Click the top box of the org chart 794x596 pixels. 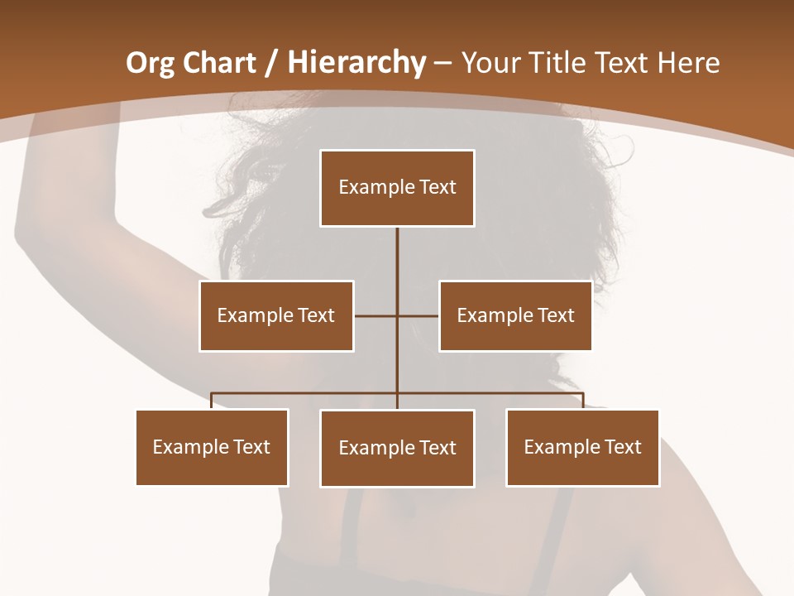[x=397, y=188]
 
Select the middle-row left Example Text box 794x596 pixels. [x=276, y=315]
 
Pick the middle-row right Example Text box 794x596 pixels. [x=515, y=315]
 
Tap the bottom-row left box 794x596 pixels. [x=212, y=447]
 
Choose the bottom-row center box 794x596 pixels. [x=397, y=448]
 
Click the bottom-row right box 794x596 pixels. [x=582, y=447]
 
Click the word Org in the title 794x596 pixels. [x=150, y=63]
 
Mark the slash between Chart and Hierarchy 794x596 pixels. [x=270, y=63]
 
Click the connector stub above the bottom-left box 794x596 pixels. [x=212, y=401]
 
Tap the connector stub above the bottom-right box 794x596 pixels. [x=583, y=401]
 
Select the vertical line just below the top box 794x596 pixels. [x=397, y=248]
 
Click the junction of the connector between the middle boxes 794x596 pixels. [x=397, y=315]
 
